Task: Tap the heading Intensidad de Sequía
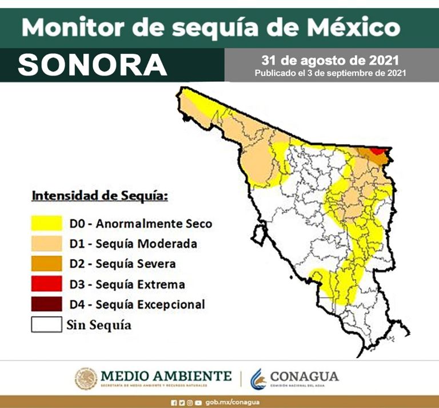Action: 99,196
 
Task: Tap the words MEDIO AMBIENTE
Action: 166,376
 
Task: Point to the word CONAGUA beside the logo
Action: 304,377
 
